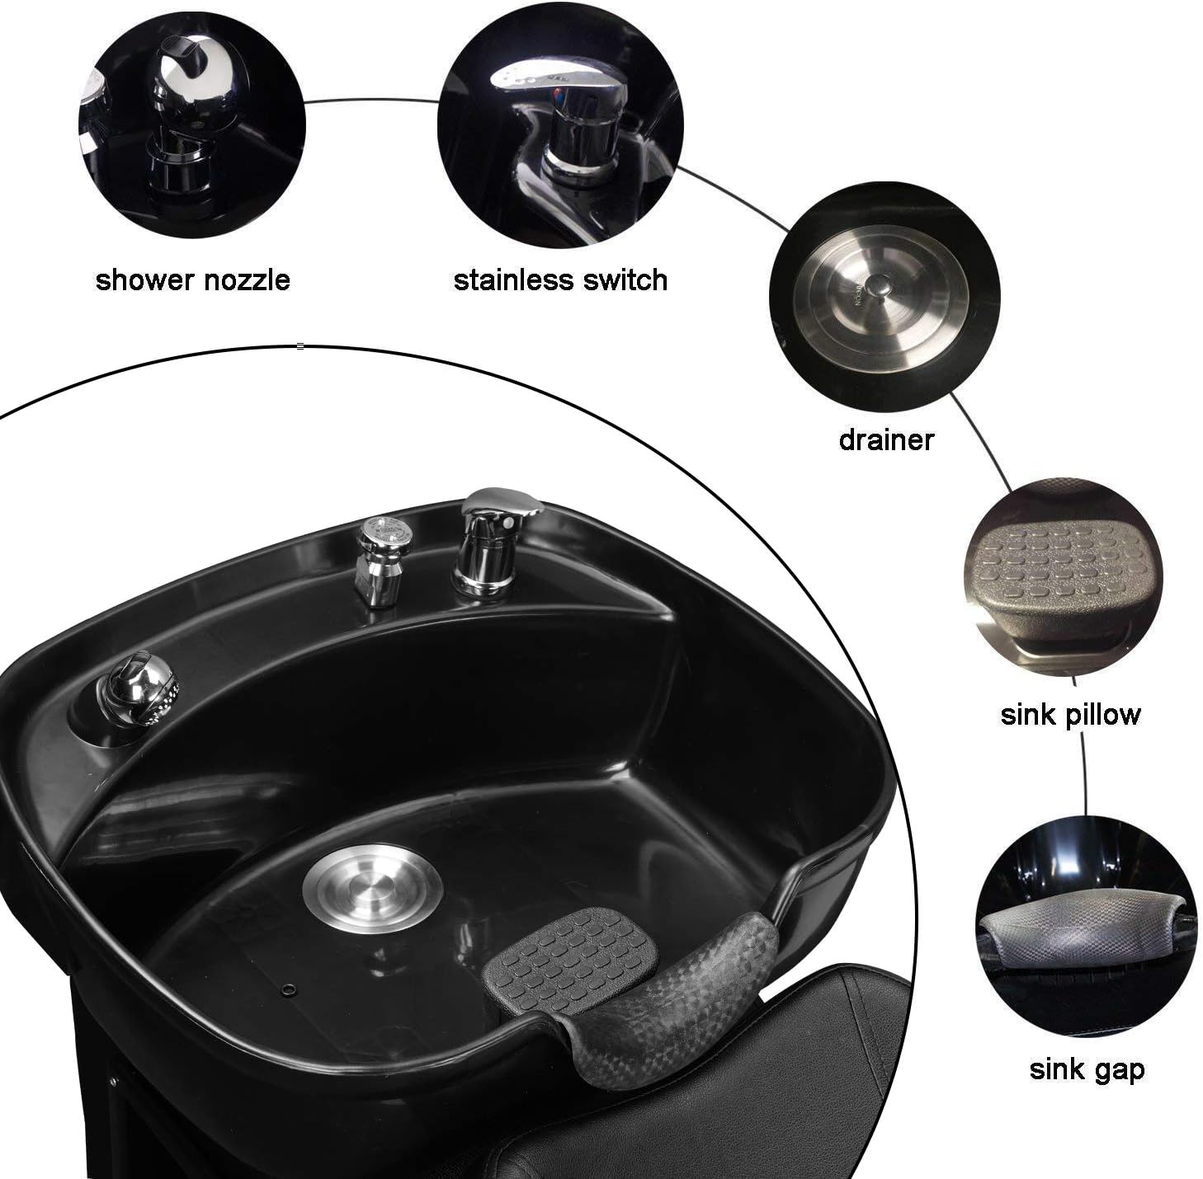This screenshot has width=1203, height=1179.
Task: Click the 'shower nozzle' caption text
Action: click(x=192, y=280)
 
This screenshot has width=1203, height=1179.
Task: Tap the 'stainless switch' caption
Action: click(x=560, y=280)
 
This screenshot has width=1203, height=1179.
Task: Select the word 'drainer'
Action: click(x=885, y=439)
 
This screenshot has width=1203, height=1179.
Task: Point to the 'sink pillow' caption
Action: click(x=1070, y=714)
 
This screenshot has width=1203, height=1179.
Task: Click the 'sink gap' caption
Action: click(x=1087, y=1070)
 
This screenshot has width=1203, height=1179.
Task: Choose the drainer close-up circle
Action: click(x=884, y=298)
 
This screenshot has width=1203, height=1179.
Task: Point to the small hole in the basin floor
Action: click(x=288, y=988)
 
